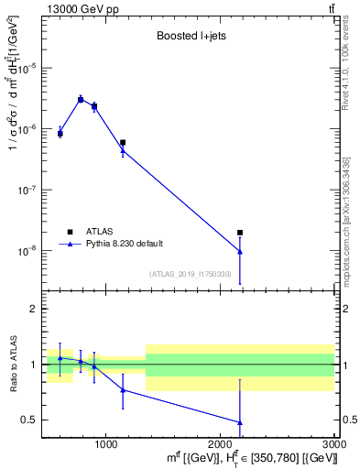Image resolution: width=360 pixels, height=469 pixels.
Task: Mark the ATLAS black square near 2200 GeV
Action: point(240,233)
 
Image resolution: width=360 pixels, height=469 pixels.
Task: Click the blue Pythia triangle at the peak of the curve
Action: point(81,99)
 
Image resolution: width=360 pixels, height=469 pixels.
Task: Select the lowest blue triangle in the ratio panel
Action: point(240,422)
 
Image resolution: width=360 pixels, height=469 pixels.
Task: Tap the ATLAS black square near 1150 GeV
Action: point(123,143)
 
